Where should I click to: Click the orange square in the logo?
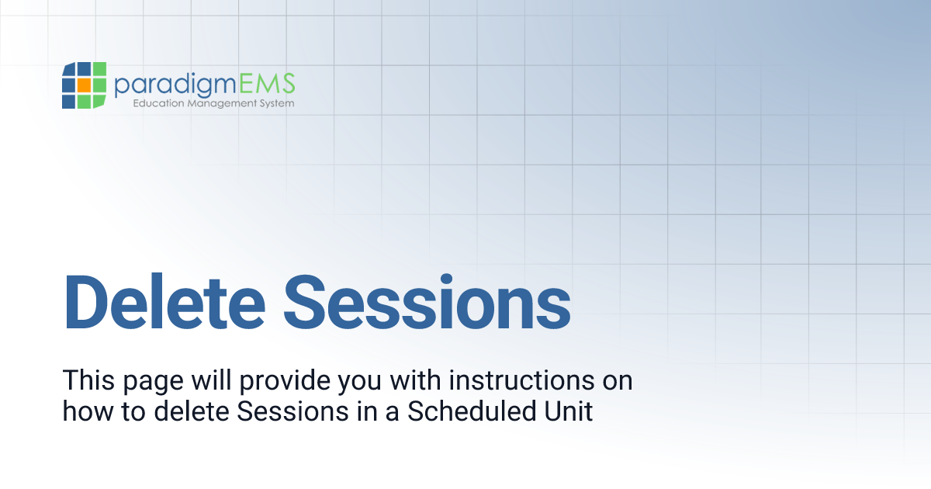84,85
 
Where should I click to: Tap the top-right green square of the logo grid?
99,70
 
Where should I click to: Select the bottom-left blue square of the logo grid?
69,101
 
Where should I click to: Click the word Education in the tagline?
157,103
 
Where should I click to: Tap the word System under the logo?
276,103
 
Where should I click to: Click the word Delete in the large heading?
164,300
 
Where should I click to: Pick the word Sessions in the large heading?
427,300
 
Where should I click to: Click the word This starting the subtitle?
85,381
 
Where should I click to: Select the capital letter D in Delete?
88,300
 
